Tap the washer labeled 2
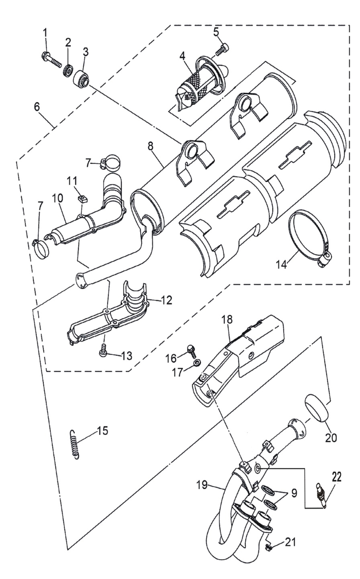tap(68, 70)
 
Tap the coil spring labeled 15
tap(75, 446)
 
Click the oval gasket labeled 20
tap(317, 408)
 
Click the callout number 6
tap(37, 107)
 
